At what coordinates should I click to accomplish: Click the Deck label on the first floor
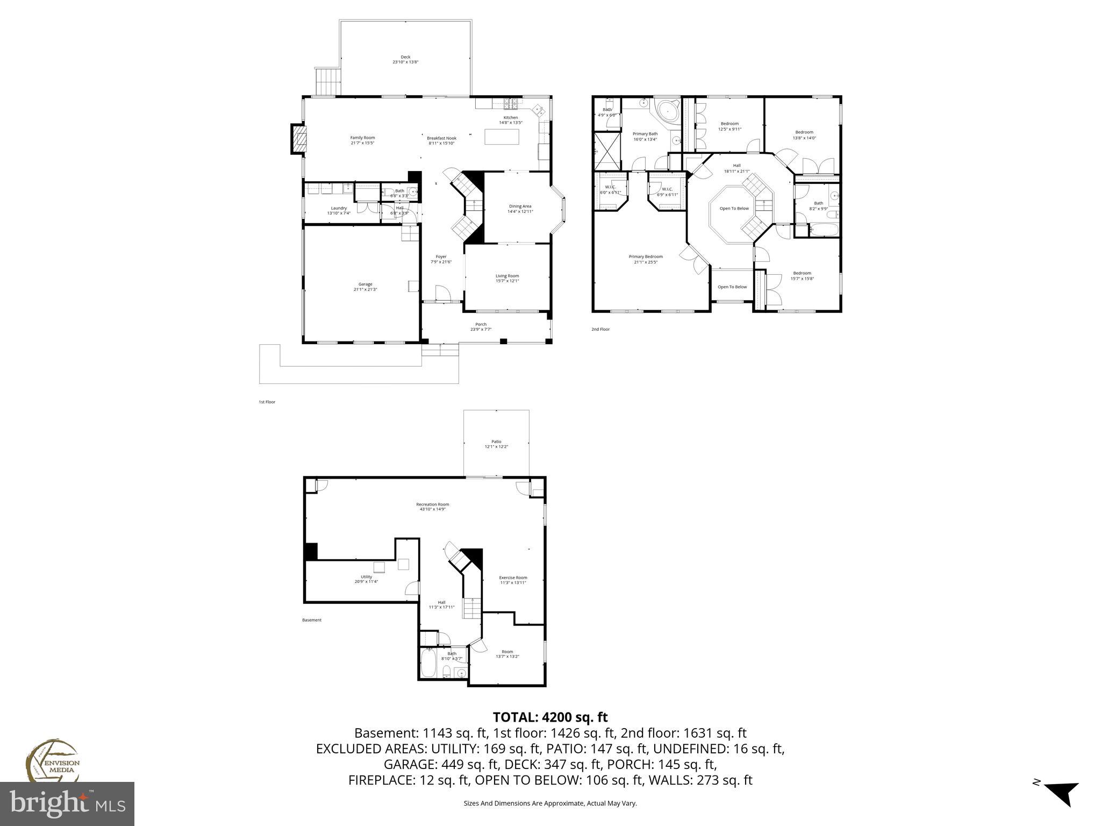(x=405, y=57)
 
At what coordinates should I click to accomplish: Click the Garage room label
(x=365, y=284)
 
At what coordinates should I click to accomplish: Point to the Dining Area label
(x=520, y=206)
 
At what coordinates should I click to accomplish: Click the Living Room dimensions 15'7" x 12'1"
(x=507, y=281)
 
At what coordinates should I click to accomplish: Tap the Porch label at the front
(x=481, y=324)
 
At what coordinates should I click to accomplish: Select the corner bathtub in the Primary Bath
(x=667, y=112)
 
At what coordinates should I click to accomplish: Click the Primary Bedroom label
(x=646, y=257)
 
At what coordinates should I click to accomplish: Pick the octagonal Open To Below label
(x=734, y=208)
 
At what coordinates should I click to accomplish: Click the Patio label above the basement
(x=496, y=442)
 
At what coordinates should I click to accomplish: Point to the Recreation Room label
(x=432, y=504)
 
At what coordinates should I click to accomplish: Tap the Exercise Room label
(x=513, y=578)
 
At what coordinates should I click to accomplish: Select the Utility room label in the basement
(x=366, y=576)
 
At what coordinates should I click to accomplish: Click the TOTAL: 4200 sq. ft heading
(x=550, y=717)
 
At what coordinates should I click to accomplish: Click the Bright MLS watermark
(x=67, y=804)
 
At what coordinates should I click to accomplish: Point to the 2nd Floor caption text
(x=600, y=329)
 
